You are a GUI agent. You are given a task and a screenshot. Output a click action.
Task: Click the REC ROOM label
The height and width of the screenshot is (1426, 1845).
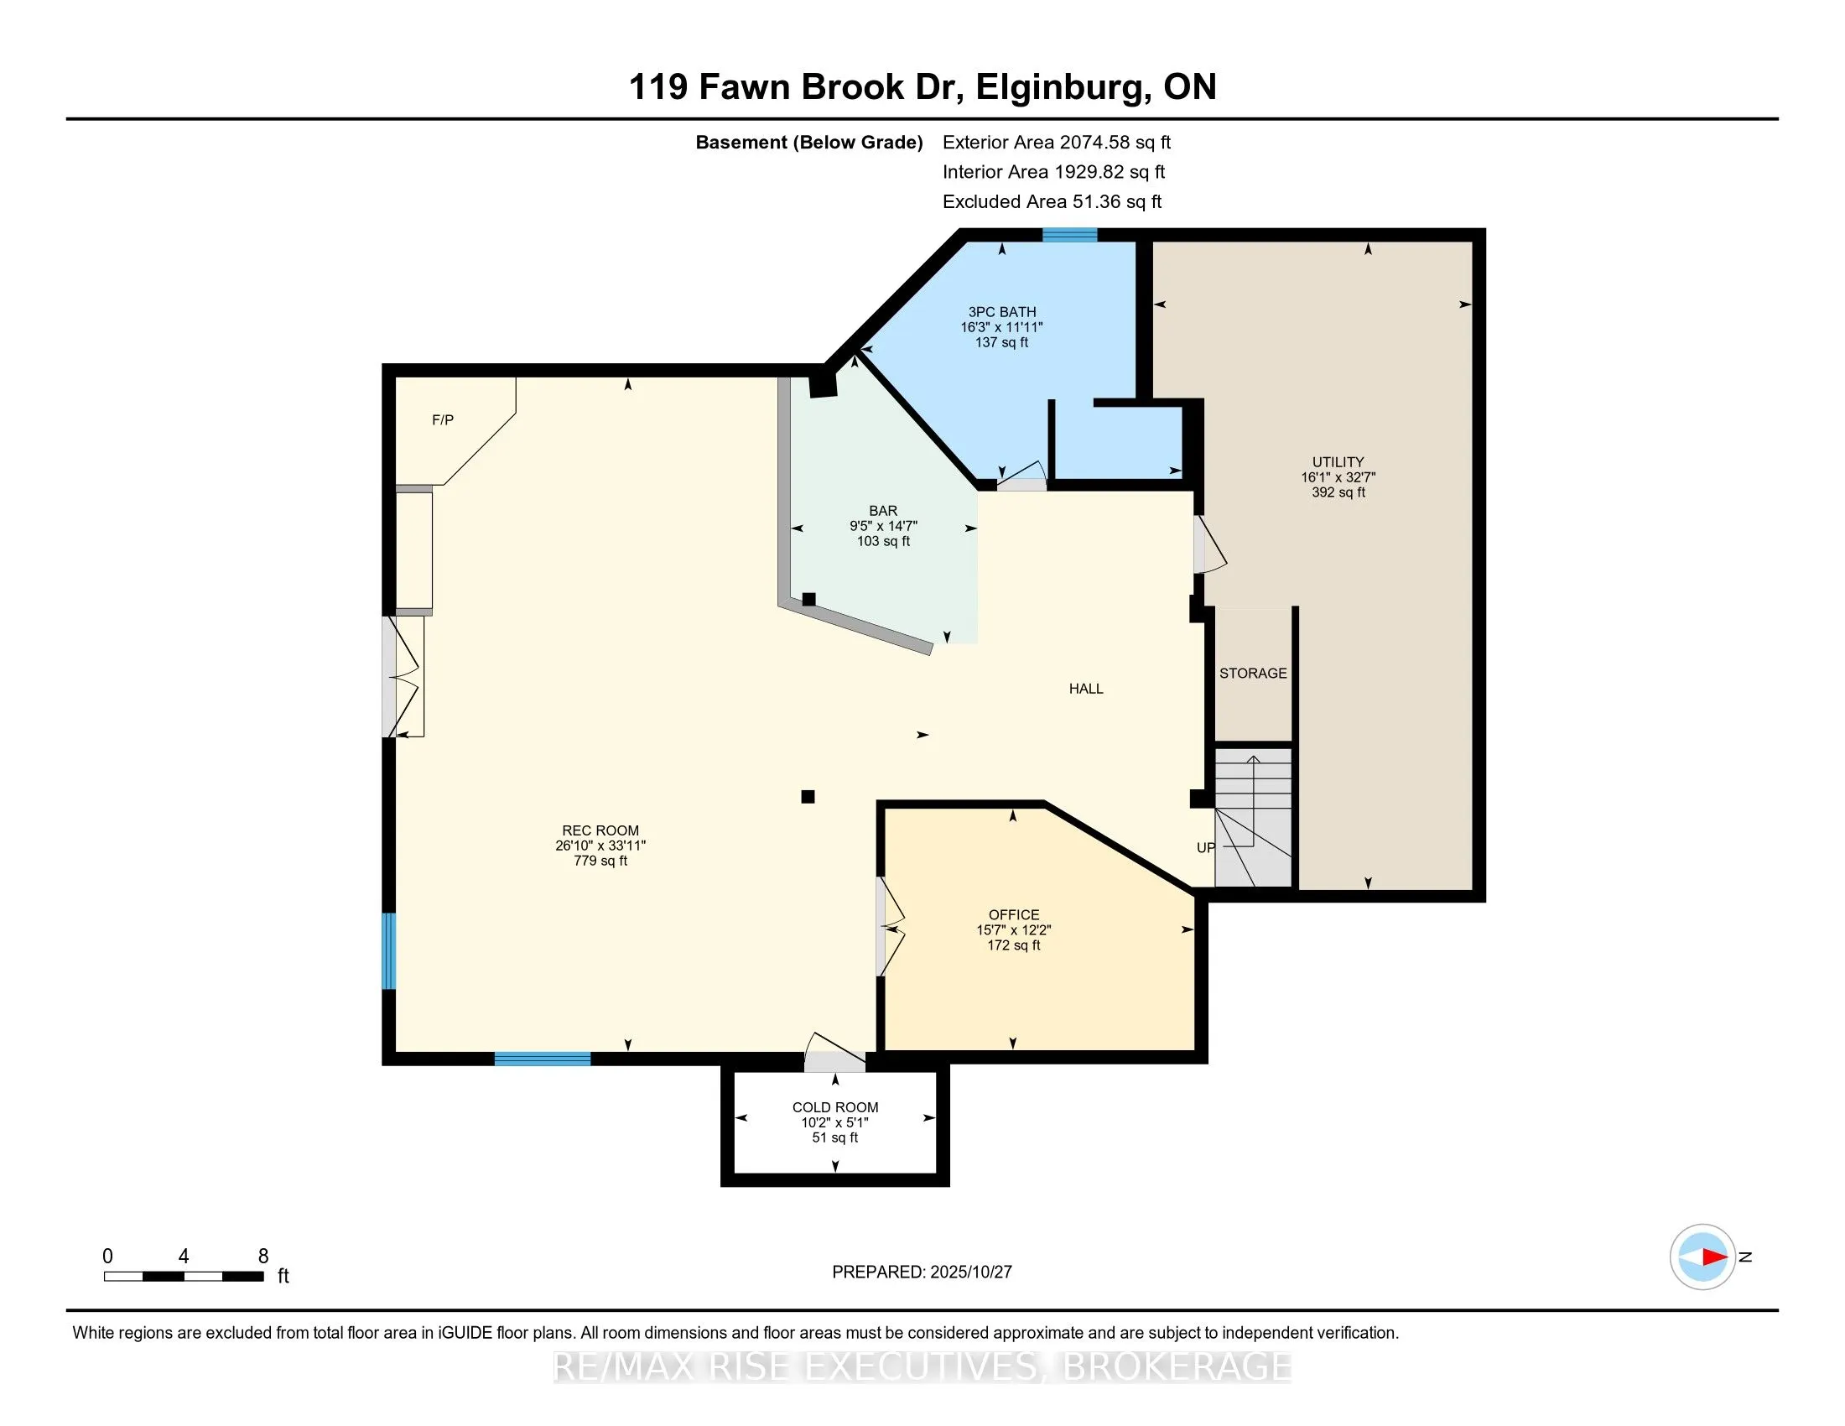click(x=600, y=830)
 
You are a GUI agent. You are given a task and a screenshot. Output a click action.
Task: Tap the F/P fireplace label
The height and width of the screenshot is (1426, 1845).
click(x=443, y=420)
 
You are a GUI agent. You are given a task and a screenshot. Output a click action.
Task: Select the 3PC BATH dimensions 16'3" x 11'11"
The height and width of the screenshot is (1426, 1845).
click(x=1001, y=327)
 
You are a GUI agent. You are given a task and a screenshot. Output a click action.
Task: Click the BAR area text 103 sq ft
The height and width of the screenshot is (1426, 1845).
click(x=883, y=541)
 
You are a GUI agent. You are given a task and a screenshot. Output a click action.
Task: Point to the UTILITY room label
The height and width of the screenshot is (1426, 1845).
click(x=1338, y=461)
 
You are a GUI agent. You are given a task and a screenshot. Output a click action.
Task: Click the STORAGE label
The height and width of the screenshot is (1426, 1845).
click(x=1253, y=673)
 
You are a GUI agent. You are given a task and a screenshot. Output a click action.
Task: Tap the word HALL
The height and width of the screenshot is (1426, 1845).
click(x=1085, y=689)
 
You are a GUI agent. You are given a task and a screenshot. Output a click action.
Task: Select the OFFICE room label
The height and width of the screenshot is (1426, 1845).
click(x=1014, y=914)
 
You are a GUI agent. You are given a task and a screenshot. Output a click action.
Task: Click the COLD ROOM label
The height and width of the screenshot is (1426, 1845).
click(x=834, y=1106)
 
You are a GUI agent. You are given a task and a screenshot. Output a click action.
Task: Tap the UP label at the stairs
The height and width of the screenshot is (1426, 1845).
click(x=1205, y=847)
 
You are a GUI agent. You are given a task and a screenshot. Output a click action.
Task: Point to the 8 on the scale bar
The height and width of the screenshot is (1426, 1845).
click(x=262, y=1257)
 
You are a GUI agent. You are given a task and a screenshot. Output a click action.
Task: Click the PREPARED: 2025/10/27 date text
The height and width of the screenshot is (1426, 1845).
click(x=922, y=1272)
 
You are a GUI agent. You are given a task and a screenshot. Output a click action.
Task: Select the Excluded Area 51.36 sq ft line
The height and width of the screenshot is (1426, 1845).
click(x=1052, y=201)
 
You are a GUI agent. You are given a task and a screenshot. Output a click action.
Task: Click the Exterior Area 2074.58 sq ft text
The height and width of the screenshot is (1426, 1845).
click(x=1056, y=142)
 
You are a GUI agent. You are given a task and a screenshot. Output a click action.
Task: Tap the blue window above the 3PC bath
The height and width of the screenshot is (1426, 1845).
click(x=1068, y=235)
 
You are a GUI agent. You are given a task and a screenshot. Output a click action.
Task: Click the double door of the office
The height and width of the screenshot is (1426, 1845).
click(x=890, y=928)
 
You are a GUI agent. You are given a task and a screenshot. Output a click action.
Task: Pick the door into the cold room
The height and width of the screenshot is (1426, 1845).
click(x=833, y=1054)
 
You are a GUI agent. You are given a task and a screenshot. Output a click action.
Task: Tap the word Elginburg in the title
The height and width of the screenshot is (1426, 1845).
click(x=1063, y=87)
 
